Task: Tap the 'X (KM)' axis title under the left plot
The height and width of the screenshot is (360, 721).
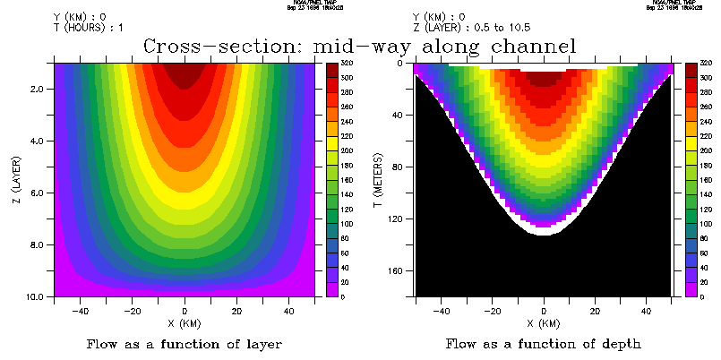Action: tap(185, 323)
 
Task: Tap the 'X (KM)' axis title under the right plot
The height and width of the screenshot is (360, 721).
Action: tap(544, 323)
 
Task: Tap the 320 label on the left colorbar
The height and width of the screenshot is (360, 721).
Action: tap(346, 64)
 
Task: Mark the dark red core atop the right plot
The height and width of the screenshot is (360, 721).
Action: tap(544, 79)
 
